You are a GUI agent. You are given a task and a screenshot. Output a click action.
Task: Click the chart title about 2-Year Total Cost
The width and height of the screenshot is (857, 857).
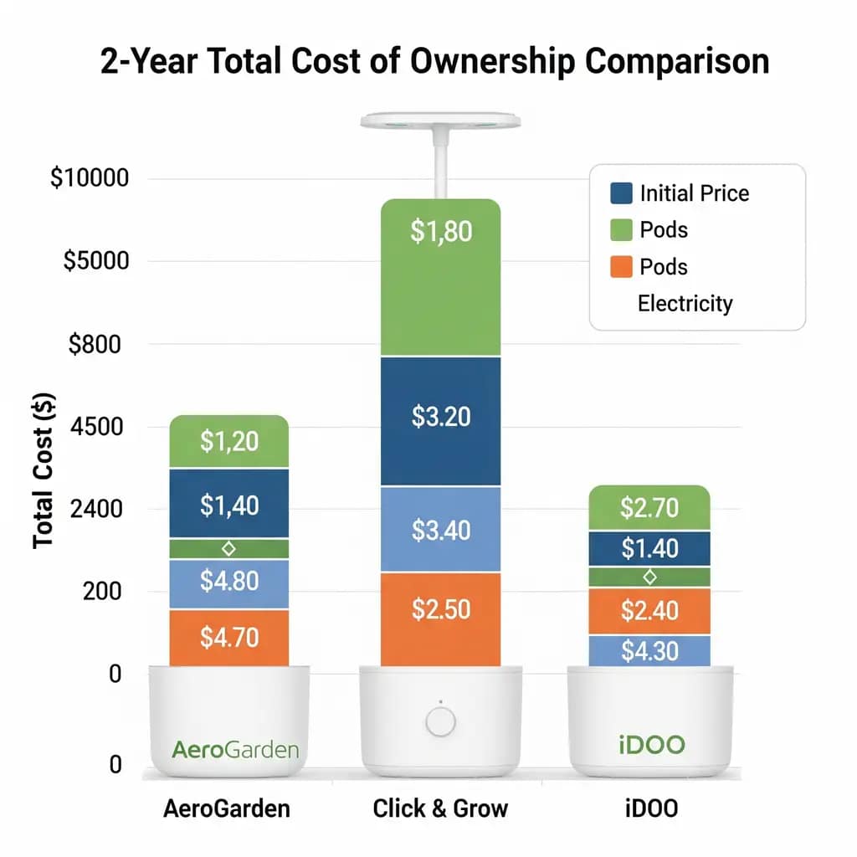pyautogui.click(x=434, y=63)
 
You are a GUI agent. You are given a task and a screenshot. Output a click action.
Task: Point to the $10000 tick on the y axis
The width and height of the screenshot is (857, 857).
pyautogui.click(x=90, y=179)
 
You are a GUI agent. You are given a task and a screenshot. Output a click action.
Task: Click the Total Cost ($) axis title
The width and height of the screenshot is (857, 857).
pyautogui.click(x=44, y=471)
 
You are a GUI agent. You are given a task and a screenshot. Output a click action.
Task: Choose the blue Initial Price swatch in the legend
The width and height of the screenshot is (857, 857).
pyautogui.click(x=619, y=193)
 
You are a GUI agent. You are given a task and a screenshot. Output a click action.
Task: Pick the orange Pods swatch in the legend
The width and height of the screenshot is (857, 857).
pyautogui.click(x=619, y=267)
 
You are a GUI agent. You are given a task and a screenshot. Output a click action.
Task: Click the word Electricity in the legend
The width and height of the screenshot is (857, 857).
pyautogui.click(x=685, y=303)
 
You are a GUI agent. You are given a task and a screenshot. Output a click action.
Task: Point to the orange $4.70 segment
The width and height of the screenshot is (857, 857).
pyautogui.click(x=228, y=638)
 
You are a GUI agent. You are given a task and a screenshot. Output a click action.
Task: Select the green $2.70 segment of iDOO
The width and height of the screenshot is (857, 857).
pyautogui.click(x=649, y=507)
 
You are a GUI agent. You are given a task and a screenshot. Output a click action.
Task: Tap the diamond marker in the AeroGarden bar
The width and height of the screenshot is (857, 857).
pyautogui.click(x=228, y=548)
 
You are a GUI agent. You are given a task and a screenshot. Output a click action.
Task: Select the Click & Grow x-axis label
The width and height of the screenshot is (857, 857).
pyautogui.click(x=440, y=809)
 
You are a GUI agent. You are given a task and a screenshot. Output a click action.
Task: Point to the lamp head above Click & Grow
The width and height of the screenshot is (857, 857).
pyautogui.click(x=440, y=121)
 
